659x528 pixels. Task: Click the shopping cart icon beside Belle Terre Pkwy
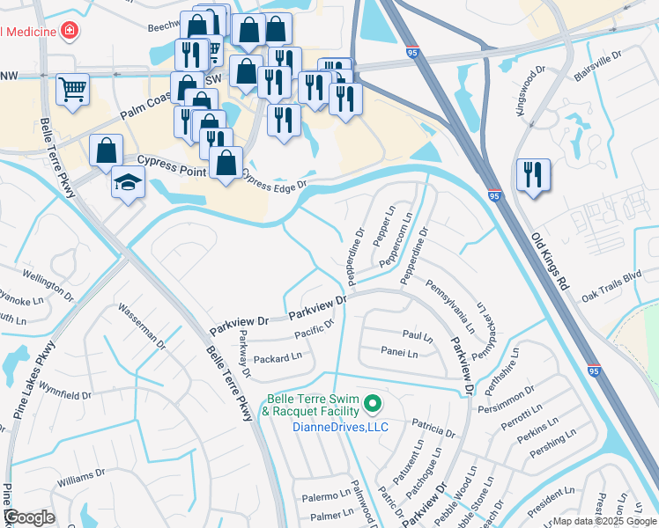coord(72,88)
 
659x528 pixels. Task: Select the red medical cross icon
coord(69,32)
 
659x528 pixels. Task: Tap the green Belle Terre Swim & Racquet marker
coord(373,405)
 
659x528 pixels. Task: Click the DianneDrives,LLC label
coord(327,427)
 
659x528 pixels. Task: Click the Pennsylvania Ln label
coord(450,307)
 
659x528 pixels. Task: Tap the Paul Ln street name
coord(418,335)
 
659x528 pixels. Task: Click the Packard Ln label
coord(278,358)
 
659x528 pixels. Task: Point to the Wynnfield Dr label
coord(65,390)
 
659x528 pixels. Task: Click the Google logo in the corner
coord(28,517)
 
